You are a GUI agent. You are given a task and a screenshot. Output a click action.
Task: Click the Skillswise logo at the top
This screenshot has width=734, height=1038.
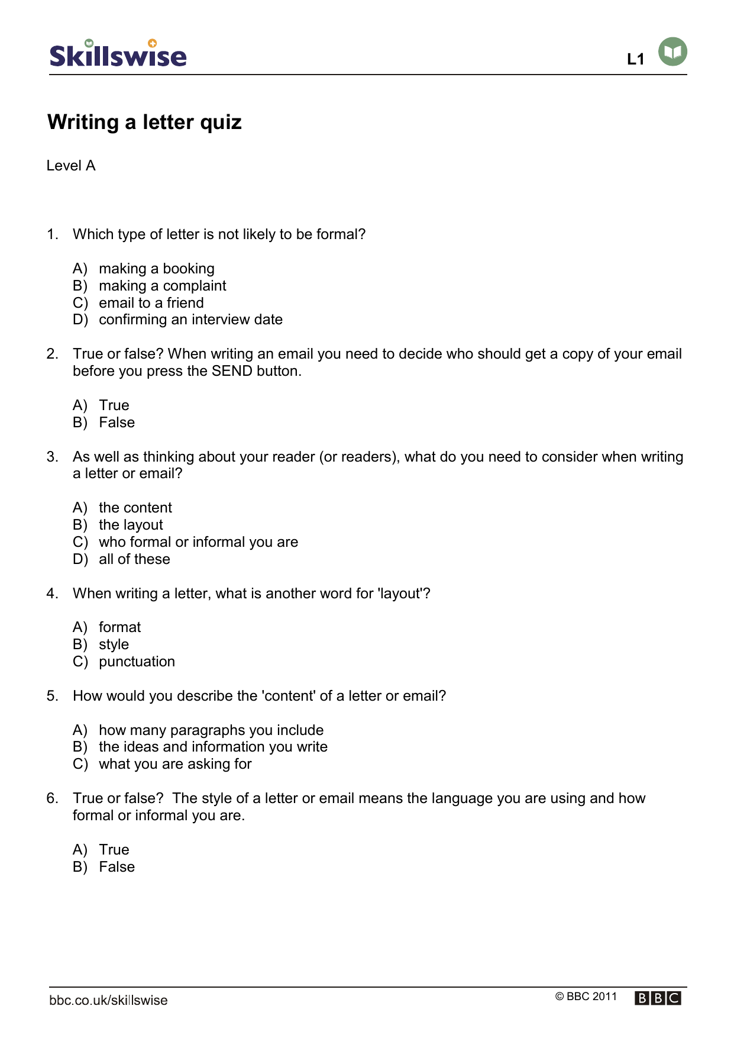(x=118, y=54)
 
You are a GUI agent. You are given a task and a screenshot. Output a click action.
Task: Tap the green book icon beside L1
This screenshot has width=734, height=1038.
(x=672, y=51)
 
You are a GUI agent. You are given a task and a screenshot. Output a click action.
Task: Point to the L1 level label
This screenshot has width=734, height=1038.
(x=635, y=59)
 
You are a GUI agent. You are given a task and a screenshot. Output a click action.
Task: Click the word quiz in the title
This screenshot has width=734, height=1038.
(x=221, y=123)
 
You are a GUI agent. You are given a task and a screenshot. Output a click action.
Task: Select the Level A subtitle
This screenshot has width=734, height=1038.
(x=71, y=166)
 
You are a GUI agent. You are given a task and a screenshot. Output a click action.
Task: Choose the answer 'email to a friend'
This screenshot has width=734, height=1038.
(x=151, y=303)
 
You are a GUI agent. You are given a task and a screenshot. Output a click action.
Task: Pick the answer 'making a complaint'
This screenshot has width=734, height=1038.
(x=162, y=286)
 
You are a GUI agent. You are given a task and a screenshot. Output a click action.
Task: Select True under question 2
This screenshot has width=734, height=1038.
(x=114, y=405)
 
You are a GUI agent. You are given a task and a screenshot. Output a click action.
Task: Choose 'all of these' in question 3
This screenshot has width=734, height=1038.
(x=134, y=559)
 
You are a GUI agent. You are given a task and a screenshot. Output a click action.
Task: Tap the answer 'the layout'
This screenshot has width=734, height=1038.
(x=131, y=525)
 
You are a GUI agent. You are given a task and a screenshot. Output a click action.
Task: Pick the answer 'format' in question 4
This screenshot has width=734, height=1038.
(x=119, y=627)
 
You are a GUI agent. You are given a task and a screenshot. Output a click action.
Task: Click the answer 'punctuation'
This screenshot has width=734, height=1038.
(x=137, y=662)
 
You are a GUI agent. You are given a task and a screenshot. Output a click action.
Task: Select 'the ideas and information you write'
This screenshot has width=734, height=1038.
(x=213, y=747)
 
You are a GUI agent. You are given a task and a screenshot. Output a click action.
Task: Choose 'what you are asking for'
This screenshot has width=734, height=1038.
(x=175, y=764)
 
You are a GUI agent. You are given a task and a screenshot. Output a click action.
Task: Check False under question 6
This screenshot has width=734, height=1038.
(x=117, y=867)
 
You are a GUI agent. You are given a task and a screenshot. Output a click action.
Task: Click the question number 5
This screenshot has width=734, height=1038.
(x=52, y=696)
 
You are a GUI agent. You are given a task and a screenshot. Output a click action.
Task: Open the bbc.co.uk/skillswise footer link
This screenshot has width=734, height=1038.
(x=108, y=1000)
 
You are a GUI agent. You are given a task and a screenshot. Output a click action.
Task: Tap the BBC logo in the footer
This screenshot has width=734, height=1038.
(x=658, y=998)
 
